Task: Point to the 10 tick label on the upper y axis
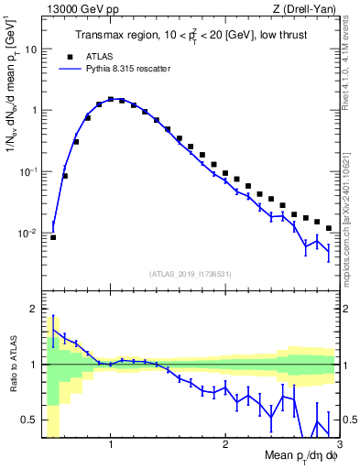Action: click(x=30, y=49)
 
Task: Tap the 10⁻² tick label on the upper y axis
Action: click(x=27, y=233)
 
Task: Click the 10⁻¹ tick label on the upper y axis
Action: click(x=27, y=171)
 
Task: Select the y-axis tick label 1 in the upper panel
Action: click(x=34, y=111)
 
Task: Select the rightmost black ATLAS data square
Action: click(x=329, y=226)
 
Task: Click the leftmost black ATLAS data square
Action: click(x=53, y=237)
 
